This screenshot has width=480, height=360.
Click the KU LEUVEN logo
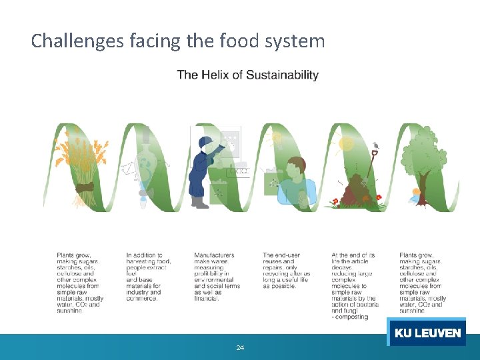click(x=427, y=333)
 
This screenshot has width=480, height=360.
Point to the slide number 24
click(x=240, y=347)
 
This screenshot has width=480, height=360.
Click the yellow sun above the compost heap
click(x=345, y=143)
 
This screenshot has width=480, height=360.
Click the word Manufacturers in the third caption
click(x=214, y=255)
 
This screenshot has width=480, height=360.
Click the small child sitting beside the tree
click(x=417, y=195)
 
